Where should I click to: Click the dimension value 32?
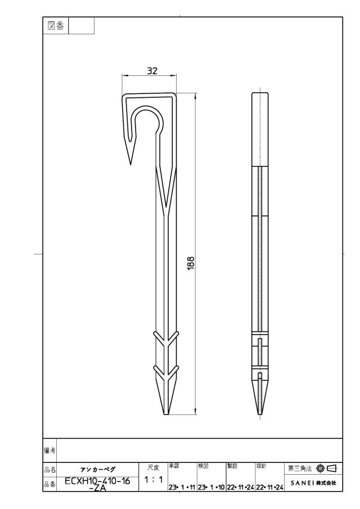pos(152,70)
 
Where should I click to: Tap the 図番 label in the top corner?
pos(56,26)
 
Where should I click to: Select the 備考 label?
pos(49,451)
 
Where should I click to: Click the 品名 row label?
pos(49,470)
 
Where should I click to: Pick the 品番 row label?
pos(49,484)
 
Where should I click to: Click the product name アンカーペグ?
pos(98,470)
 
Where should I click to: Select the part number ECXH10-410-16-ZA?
pos(97,483)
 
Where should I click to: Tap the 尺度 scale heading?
pos(153,468)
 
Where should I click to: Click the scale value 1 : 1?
pos(153,479)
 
